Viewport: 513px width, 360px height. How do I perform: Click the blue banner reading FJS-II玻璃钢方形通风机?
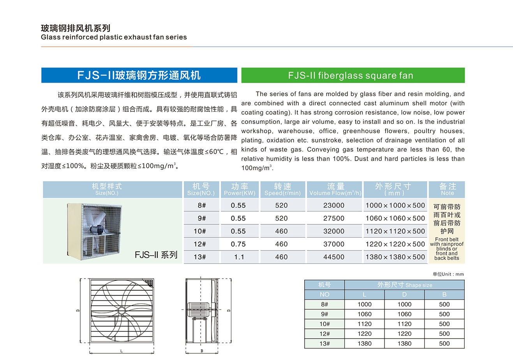(139, 75)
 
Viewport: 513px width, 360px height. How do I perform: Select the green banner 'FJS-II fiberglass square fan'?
(353, 75)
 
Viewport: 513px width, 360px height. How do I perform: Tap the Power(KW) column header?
(240, 189)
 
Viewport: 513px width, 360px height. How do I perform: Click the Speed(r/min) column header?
(282, 189)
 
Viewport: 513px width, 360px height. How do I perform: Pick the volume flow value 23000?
(334, 205)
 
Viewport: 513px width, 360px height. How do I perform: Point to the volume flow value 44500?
(334, 257)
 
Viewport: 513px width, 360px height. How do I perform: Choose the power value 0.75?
(238, 244)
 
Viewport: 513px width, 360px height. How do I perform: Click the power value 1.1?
(239, 257)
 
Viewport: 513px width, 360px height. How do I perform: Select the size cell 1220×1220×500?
(395, 244)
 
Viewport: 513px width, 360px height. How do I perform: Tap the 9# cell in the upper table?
(200, 219)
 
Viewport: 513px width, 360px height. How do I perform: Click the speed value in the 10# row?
(281, 231)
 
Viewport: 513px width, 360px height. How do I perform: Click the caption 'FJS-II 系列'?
(156, 255)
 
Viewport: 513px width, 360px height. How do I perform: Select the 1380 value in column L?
(364, 344)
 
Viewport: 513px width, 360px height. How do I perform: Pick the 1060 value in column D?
(404, 314)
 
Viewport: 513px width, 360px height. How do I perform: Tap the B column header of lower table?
(444, 295)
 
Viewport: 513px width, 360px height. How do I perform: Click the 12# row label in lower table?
(324, 334)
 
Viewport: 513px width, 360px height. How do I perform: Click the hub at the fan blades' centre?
(122, 311)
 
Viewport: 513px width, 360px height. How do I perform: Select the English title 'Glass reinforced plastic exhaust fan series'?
(114, 37)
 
